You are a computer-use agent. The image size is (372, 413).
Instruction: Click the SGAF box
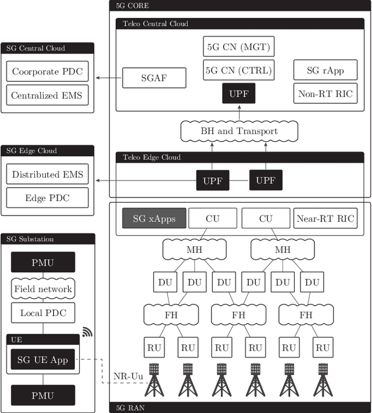(154, 78)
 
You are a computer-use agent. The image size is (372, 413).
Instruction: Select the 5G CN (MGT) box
(238, 45)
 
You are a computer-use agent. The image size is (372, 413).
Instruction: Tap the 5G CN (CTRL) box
(238, 70)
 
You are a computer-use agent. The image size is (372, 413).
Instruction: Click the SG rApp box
(325, 70)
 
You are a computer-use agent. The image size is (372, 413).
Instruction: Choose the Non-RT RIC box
(325, 94)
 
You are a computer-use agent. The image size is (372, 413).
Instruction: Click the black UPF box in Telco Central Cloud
(238, 93)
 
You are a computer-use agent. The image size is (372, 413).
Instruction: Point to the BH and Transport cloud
(239, 131)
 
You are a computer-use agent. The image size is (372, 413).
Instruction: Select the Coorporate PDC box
(48, 73)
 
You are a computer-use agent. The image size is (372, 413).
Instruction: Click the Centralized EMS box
(48, 95)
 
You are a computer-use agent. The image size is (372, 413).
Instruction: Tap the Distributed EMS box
(48, 174)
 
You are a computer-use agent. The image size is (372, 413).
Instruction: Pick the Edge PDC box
(48, 197)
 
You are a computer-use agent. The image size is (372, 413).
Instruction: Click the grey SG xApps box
(154, 218)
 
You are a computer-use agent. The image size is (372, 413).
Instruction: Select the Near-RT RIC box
(325, 218)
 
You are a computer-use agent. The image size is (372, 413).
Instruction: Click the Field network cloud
(43, 289)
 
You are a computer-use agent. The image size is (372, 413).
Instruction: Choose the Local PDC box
(43, 313)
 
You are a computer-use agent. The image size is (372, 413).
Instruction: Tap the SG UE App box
(43, 360)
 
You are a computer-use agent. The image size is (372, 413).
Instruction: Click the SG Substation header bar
(48, 239)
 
